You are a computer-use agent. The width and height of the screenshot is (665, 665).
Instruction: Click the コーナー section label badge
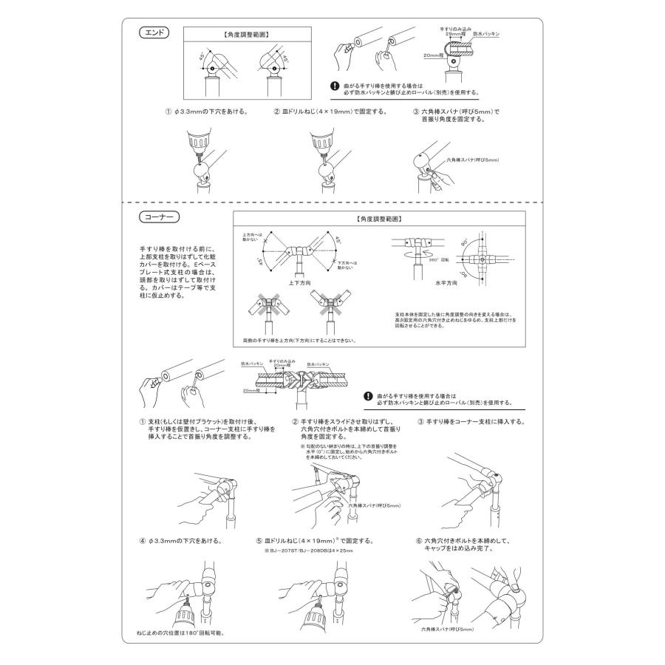click(159, 219)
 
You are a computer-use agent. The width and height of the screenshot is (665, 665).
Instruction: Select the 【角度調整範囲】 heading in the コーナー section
click(378, 219)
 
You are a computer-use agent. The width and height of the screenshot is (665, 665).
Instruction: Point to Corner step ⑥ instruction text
click(473, 545)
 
